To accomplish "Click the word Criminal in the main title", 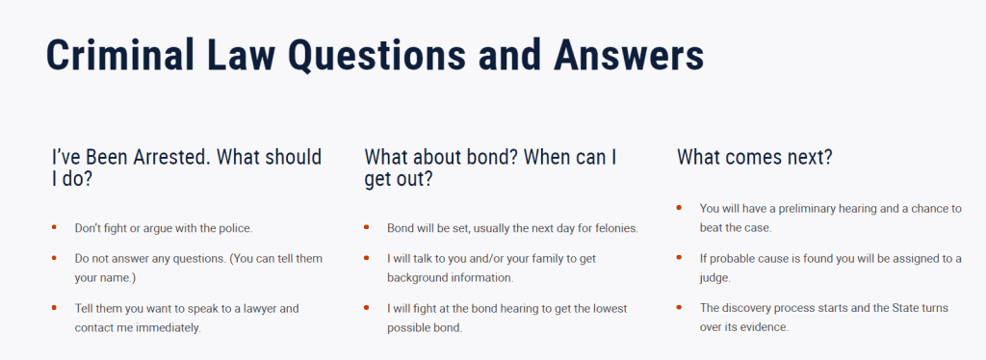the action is tap(120, 54).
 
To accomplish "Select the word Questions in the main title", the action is tap(377, 55).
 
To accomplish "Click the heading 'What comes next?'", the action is tap(755, 157).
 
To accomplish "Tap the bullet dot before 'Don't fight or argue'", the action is tap(55, 226).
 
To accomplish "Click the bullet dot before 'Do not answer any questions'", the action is tap(55, 257).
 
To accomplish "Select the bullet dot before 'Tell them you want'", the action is tap(55, 307).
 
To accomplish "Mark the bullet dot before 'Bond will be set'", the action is tap(367, 226).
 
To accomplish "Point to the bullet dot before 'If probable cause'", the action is tap(679, 257).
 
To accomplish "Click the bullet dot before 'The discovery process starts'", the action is tap(679, 307).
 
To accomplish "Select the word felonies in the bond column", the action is tap(617, 228).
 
